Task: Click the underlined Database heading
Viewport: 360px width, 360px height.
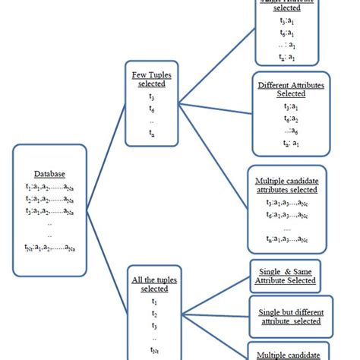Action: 49,174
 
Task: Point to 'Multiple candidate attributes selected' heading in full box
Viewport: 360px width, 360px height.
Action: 287,186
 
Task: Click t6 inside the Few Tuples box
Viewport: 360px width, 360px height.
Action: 151,109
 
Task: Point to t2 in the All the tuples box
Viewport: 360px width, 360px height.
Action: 154,313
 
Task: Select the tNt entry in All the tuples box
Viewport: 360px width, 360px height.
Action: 155,349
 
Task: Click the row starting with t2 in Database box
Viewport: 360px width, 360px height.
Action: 49,198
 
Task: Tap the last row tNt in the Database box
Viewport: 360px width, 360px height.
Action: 49,247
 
